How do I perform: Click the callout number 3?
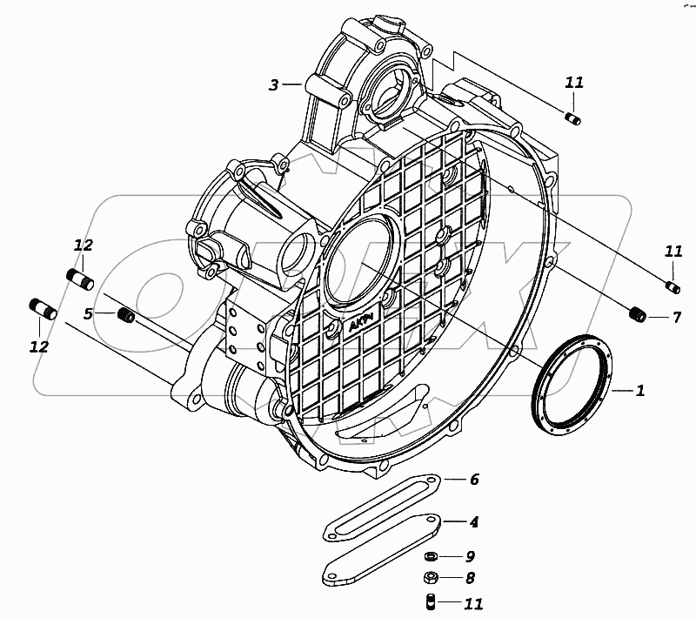[273, 85]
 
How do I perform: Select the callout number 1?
[639, 392]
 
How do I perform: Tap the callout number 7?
[676, 318]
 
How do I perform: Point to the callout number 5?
[88, 313]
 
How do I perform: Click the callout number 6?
[474, 480]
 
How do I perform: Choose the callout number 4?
[473, 523]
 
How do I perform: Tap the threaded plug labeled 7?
[637, 315]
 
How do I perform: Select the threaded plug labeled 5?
[125, 313]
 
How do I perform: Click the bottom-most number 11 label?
[473, 602]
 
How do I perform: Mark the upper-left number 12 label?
[83, 246]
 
